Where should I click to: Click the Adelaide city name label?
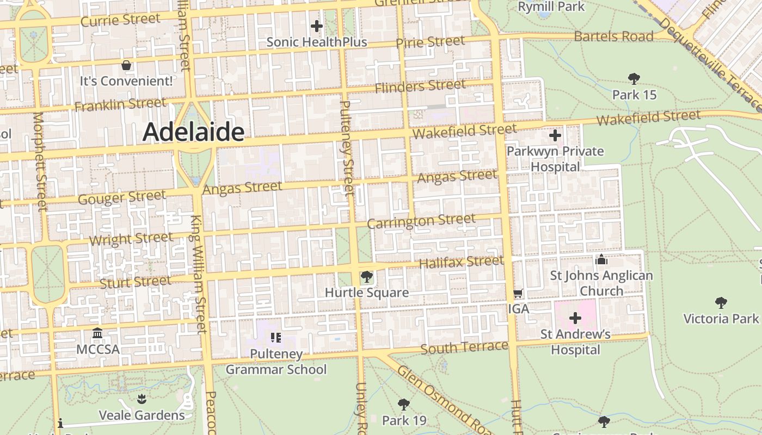[x=193, y=132]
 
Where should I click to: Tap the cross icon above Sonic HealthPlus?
[x=316, y=26]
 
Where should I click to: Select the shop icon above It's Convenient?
[x=126, y=65]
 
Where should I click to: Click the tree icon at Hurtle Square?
[x=366, y=277]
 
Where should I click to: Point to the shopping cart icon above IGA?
[x=518, y=294]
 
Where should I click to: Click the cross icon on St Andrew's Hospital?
[x=575, y=318]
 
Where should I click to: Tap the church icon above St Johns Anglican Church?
[x=601, y=259]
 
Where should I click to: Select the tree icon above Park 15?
[x=634, y=79]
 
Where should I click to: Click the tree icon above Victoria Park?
[x=721, y=302]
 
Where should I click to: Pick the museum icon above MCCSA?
[x=97, y=333]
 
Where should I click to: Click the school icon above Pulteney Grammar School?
[x=276, y=338]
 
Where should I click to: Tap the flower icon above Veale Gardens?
[x=142, y=400]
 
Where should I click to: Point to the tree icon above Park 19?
[x=403, y=404]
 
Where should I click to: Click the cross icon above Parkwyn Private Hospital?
[x=555, y=135]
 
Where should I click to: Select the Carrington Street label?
[x=421, y=221]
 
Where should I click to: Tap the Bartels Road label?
[x=613, y=36]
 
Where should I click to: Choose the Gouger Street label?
[x=122, y=197]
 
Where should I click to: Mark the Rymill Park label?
[x=551, y=7]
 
